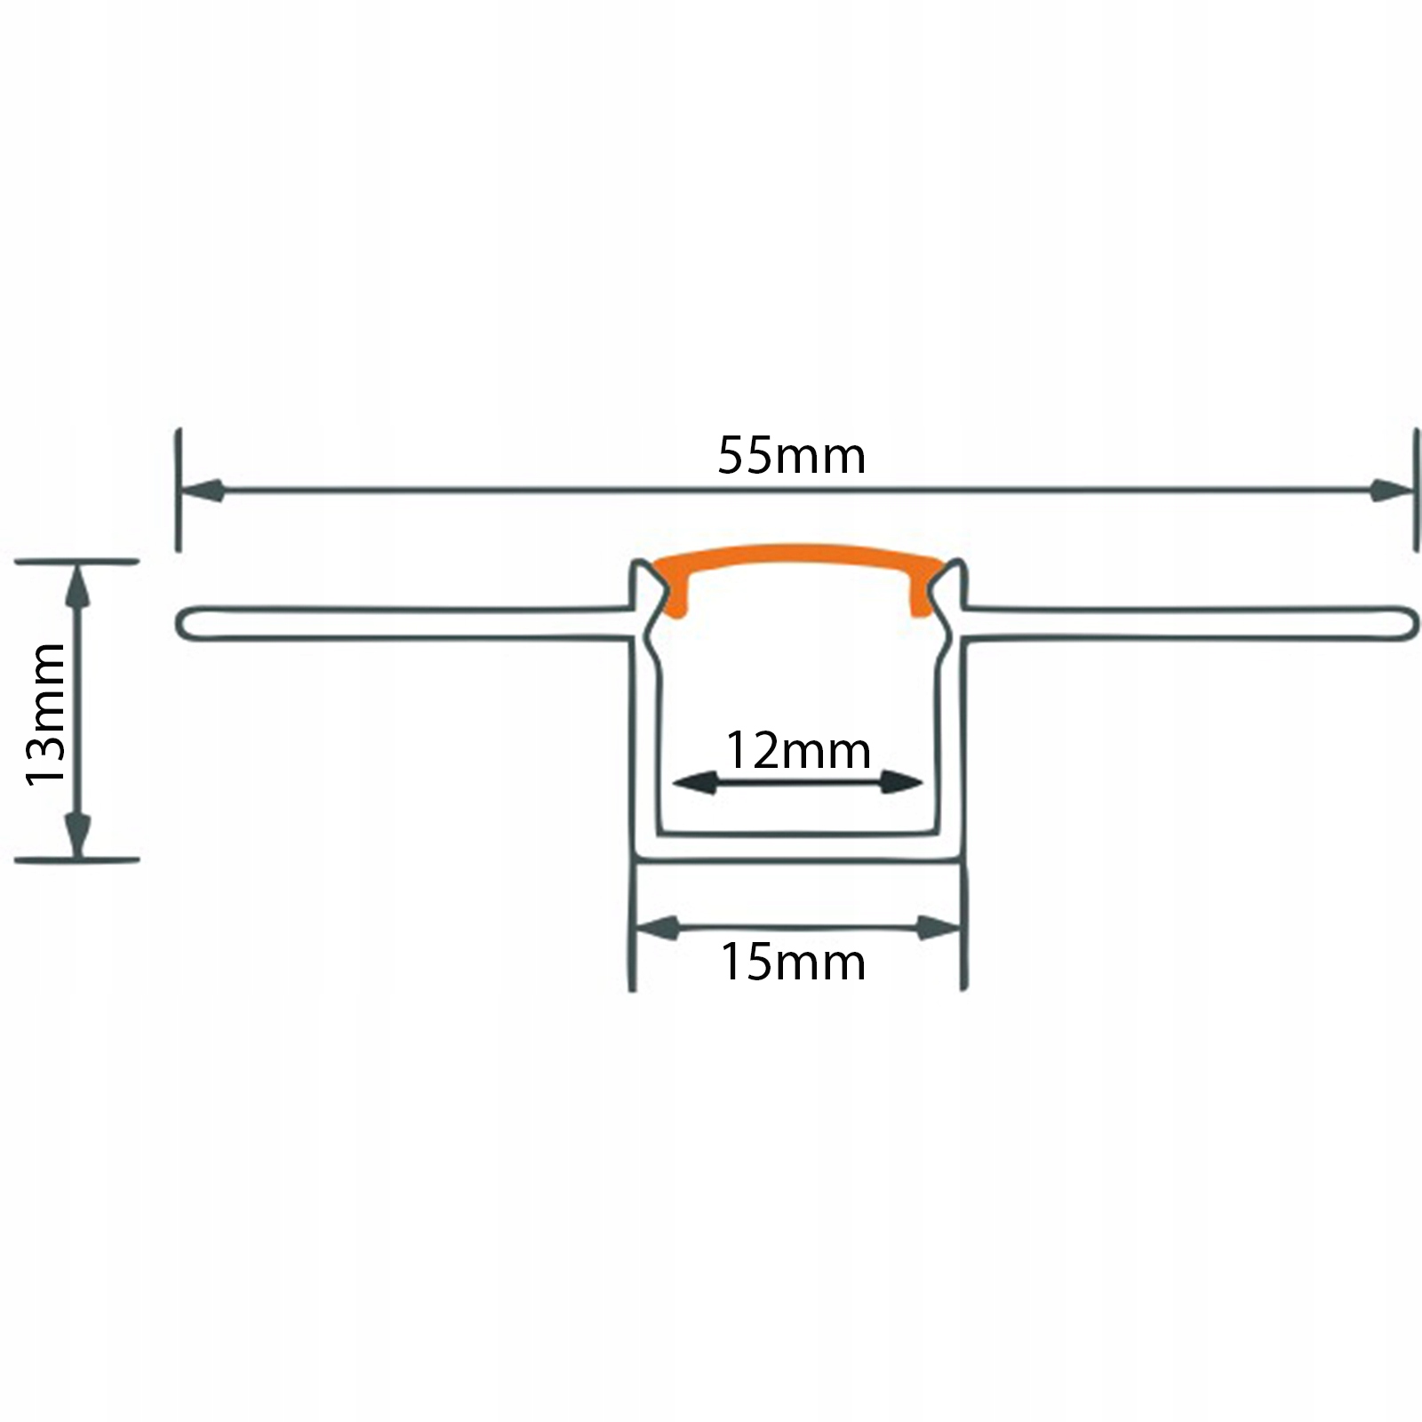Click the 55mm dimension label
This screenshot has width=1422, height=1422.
791,456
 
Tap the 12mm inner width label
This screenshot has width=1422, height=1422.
798,751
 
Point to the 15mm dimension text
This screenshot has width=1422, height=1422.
793,963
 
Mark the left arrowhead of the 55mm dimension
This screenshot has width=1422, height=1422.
203,490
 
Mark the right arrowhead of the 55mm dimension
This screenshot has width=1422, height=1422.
1390,490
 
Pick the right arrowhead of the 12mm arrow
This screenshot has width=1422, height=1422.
901,783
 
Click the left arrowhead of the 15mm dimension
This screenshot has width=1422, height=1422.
658,929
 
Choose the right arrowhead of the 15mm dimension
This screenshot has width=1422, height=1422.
939,929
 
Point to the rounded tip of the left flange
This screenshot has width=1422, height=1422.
184,623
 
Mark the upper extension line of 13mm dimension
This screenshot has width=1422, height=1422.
78,561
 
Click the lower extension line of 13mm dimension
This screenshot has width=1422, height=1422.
78,860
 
